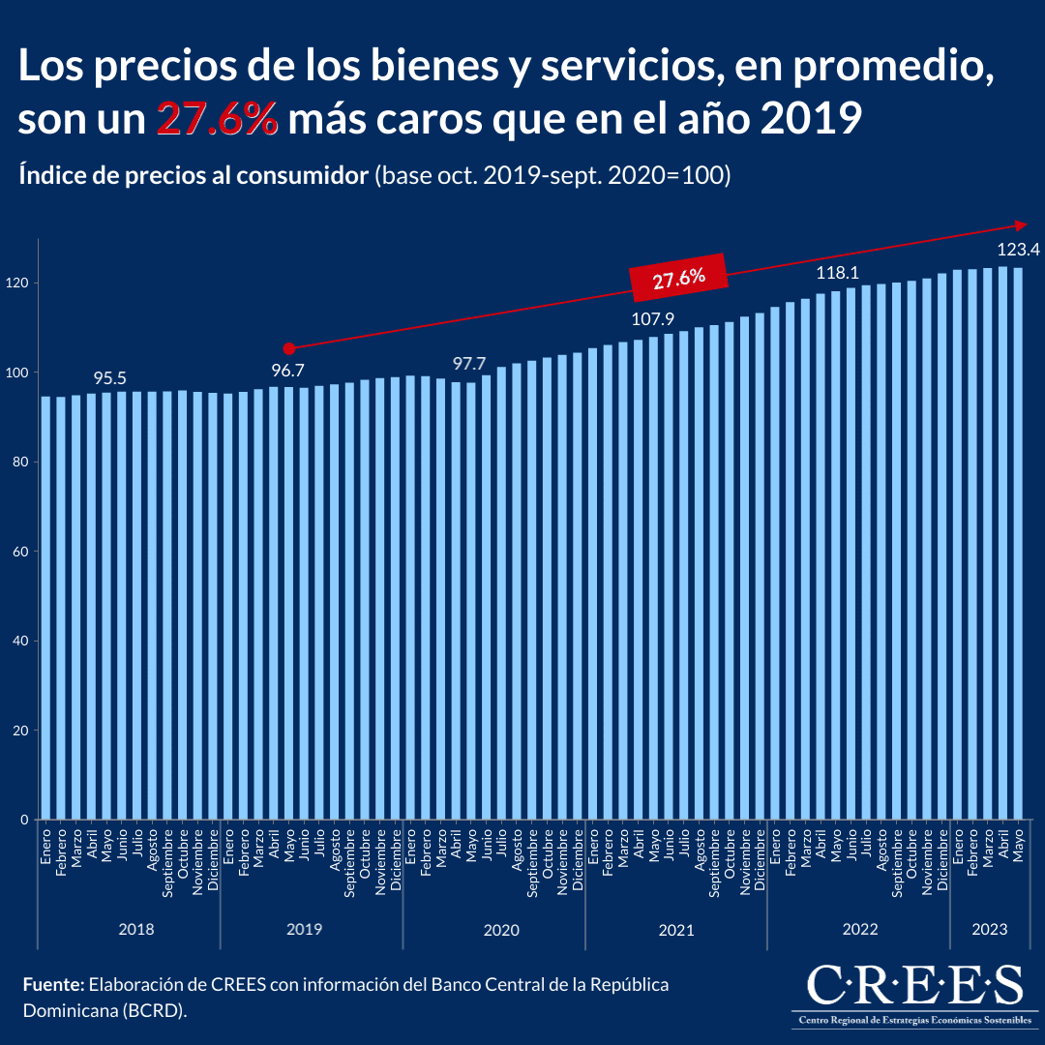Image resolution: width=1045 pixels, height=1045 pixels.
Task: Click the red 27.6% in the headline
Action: (218, 119)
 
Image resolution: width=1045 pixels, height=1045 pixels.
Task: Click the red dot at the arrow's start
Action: (288, 347)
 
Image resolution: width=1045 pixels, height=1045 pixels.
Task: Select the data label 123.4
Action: (1017, 250)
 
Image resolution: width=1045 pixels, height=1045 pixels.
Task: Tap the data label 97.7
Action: (471, 364)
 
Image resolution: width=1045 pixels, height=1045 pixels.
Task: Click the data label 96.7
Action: (288, 369)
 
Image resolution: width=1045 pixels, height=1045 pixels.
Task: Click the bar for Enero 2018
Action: (45, 608)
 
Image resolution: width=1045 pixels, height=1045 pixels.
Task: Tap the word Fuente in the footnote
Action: (53, 985)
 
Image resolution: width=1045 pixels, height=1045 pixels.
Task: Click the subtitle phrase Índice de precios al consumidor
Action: (194, 176)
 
